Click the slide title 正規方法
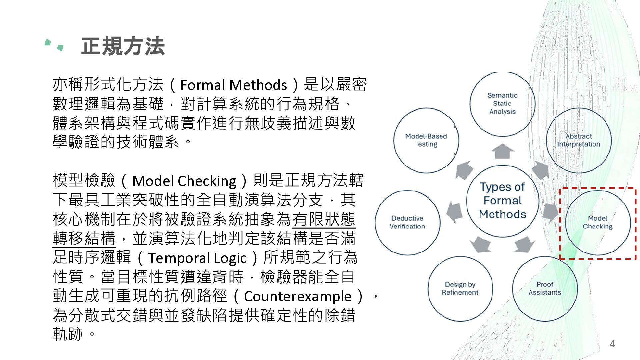click(x=123, y=46)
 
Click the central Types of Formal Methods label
click(x=502, y=201)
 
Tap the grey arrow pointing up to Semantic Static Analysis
click(x=502, y=151)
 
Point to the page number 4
click(x=612, y=344)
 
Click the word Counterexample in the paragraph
click(x=298, y=296)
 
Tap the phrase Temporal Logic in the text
click(x=197, y=258)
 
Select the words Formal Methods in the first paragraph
click(x=233, y=85)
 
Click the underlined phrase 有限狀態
click(x=324, y=219)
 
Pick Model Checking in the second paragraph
click(x=184, y=181)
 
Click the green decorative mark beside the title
click(x=54, y=45)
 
